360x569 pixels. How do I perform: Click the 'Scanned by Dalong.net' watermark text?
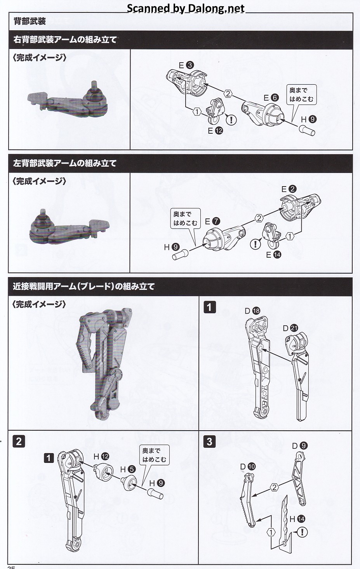[x=185, y=8]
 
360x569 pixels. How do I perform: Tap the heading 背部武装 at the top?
[x=30, y=21]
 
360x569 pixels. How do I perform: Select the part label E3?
[x=186, y=65]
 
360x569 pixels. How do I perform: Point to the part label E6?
[x=271, y=98]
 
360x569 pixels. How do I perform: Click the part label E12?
[x=215, y=131]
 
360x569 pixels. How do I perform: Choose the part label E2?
[x=289, y=189]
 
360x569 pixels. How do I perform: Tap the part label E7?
[x=212, y=221]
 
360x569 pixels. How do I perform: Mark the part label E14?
[x=274, y=255]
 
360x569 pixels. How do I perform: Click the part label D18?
[x=252, y=311]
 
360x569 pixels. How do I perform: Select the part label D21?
[x=290, y=328]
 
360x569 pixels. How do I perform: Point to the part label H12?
[x=101, y=456]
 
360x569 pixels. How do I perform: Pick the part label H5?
[x=128, y=469]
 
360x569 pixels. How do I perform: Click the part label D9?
[x=300, y=445]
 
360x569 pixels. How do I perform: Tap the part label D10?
[x=248, y=466]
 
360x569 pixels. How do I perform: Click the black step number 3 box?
[x=209, y=442]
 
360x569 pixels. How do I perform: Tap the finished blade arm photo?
[x=104, y=363]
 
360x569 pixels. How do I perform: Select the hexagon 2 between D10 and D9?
[x=275, y=487]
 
